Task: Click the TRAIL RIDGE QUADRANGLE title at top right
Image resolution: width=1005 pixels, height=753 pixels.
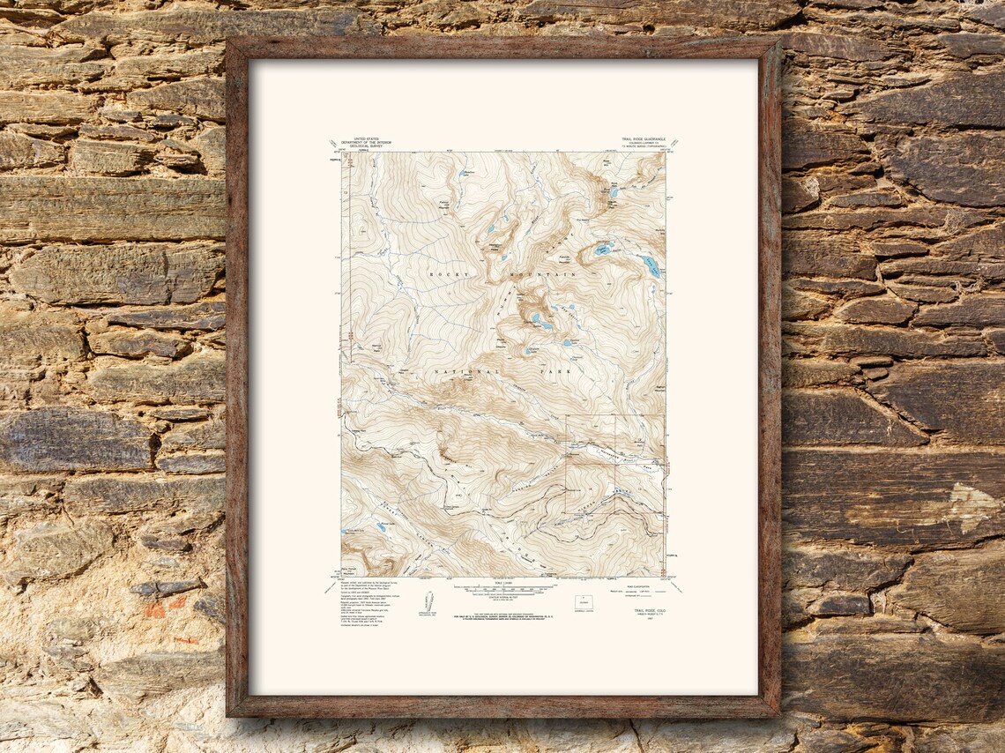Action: [642, 139]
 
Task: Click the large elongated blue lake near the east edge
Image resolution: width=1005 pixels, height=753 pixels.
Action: [651, 266]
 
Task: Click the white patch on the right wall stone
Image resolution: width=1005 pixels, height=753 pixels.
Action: [970, 507]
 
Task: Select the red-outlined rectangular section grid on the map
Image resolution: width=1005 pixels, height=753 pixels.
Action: [614, 464]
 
